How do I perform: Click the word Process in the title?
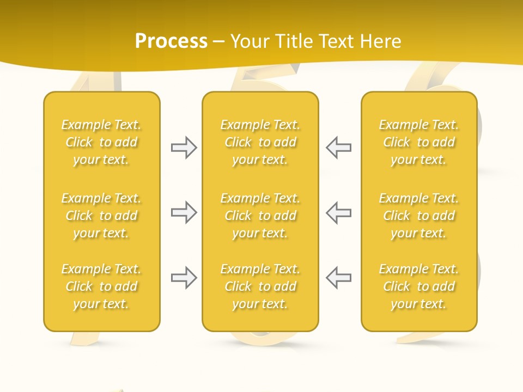pyautogui.click(x=171, y=41)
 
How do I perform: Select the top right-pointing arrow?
pyautogui.click(x=184, y=148)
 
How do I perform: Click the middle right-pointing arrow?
pyautogui.click(x=184, y=212)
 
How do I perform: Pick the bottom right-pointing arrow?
pyautogui.click(x=184, y=278)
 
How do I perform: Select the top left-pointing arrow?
pyautogui.click(x=338, y=148)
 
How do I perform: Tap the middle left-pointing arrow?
pyautogui.click(x=338, y=212)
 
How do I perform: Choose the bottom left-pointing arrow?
pyautogui.click(x=338, y=278)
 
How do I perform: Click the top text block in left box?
pyautogui.click(x=101, y=142)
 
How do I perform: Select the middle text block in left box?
pyautogui.click(x=101, y=216)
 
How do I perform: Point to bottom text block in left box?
pyautogui.click(x=101, y=286)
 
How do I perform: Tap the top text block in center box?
pyautogui.click(x=260, y=142)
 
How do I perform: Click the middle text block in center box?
pyautogui.click(x=260, y=216)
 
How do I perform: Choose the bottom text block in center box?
pyautogui.click(x=260, y=286)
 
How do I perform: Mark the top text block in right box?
pyautogui.click(x=419, y=142)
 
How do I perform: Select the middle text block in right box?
pyautogui.click(x=419, y=216)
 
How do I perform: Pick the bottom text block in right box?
pyautogui.click(x=419, y=286)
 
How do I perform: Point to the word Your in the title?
pyautogui.click(x=248, y=41)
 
